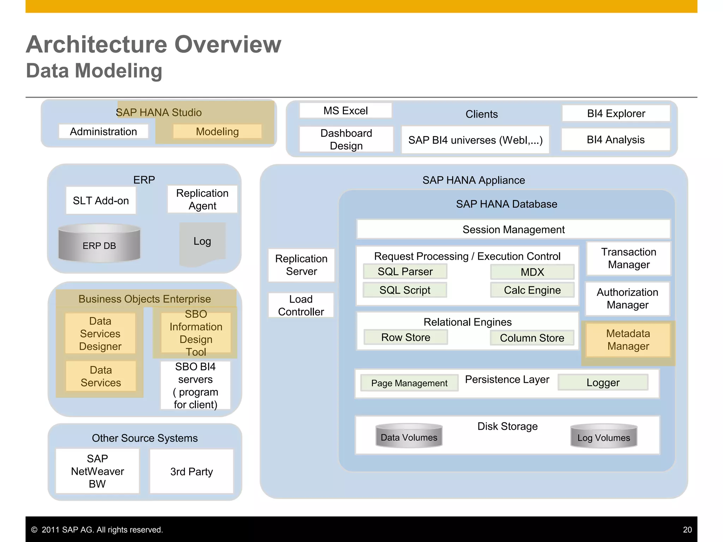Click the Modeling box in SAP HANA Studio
coord(217,132)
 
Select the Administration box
coord(103,132)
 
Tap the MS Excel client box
coord(346,111)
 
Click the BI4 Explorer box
coord(616,114)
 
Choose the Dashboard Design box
coord(346,139)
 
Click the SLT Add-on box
coord(101,200)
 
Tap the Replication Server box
coord(301,265)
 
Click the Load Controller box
coord(301,306)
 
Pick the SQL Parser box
coord(405,272)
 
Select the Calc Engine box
coord(532,290)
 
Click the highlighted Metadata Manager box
coord(628,340)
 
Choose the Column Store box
coord(532,338)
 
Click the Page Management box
coord(409,383)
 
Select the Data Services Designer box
coord(100,334)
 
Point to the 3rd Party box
coord(192,471)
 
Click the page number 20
coord(687,530)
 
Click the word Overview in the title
coord(228,44)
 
